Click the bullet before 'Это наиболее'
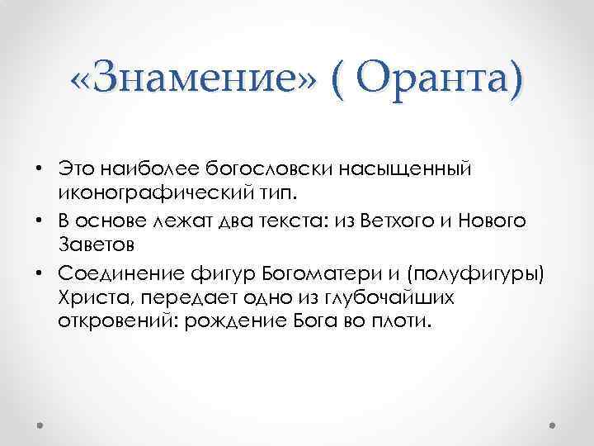pos(39,169)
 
